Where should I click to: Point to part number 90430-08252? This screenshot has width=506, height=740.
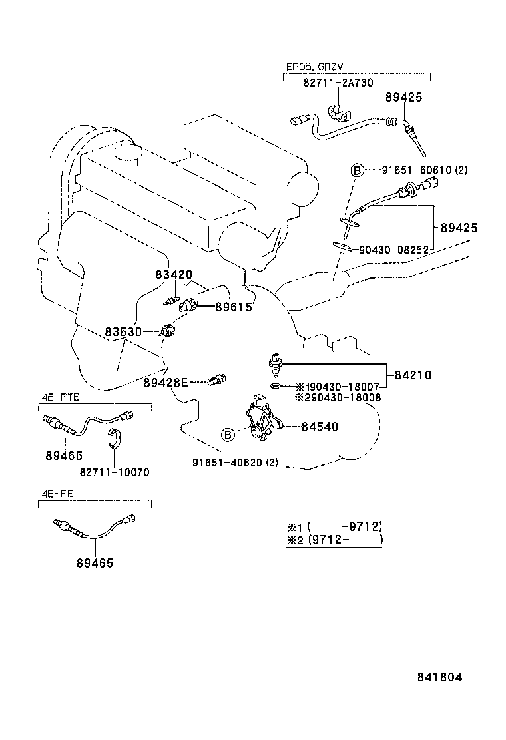point(391,249)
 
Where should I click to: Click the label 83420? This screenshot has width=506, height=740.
point(174,274)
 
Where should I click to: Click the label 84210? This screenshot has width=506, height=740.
point(412,375)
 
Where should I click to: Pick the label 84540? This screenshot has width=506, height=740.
point(319,427)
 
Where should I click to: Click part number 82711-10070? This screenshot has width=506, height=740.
point(115,472)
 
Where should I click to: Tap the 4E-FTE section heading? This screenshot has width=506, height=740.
point(60,397)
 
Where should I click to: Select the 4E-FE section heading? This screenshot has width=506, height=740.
point(57,495)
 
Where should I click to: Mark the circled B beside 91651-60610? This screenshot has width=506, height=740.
point(357,171)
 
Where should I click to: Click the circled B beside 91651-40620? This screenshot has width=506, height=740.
point(227,435)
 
